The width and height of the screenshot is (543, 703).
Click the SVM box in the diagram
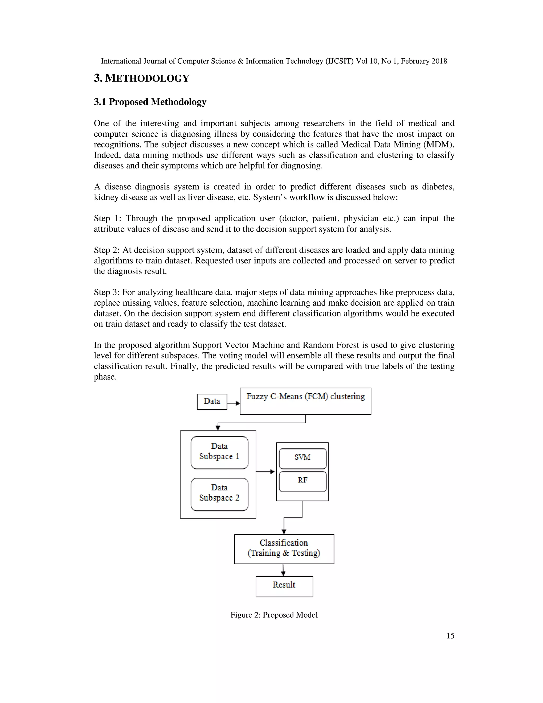(302, 458)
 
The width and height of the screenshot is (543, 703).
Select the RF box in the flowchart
(302, 481)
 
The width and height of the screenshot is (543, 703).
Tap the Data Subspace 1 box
(219, 452)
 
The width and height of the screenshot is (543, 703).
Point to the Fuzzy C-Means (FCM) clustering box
(305, 401)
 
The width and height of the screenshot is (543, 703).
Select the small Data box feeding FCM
(212, 401)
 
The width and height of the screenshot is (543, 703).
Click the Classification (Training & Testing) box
(284, 549)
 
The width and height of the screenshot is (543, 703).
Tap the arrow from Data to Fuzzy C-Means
(234, 403)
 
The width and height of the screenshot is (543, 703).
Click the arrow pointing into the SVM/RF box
(266, 472)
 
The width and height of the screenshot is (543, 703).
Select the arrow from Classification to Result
(283, 570)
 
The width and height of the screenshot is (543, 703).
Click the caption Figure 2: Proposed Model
(274, 615)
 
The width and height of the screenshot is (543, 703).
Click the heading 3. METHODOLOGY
(142, 78)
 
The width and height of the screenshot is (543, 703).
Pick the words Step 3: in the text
(107, 292)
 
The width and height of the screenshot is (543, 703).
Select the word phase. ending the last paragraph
(105, 377)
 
